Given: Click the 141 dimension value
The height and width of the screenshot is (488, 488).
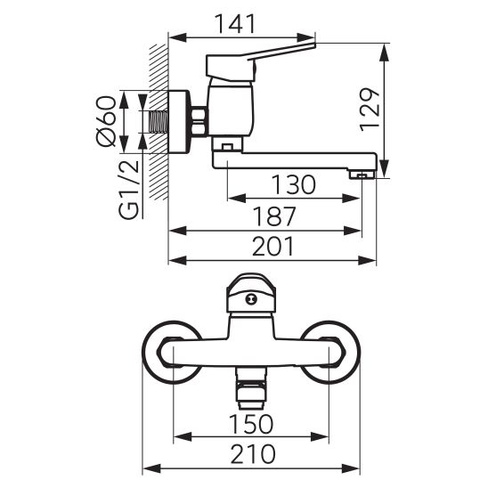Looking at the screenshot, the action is (236, 24).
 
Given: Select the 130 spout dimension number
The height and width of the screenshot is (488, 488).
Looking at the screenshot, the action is (294, 184).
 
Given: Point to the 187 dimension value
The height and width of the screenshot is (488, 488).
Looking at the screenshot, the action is (274, 216).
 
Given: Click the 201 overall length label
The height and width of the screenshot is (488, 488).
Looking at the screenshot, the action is (273, 246).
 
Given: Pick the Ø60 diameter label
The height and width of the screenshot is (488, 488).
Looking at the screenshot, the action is (107, 121).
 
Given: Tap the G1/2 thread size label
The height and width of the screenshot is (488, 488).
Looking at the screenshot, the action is (128, 190).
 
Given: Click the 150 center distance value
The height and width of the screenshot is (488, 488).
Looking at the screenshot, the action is (251, 424).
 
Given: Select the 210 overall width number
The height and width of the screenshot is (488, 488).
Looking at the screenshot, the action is (253, 454).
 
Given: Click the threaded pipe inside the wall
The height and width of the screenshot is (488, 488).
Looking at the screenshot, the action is (159, 122).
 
